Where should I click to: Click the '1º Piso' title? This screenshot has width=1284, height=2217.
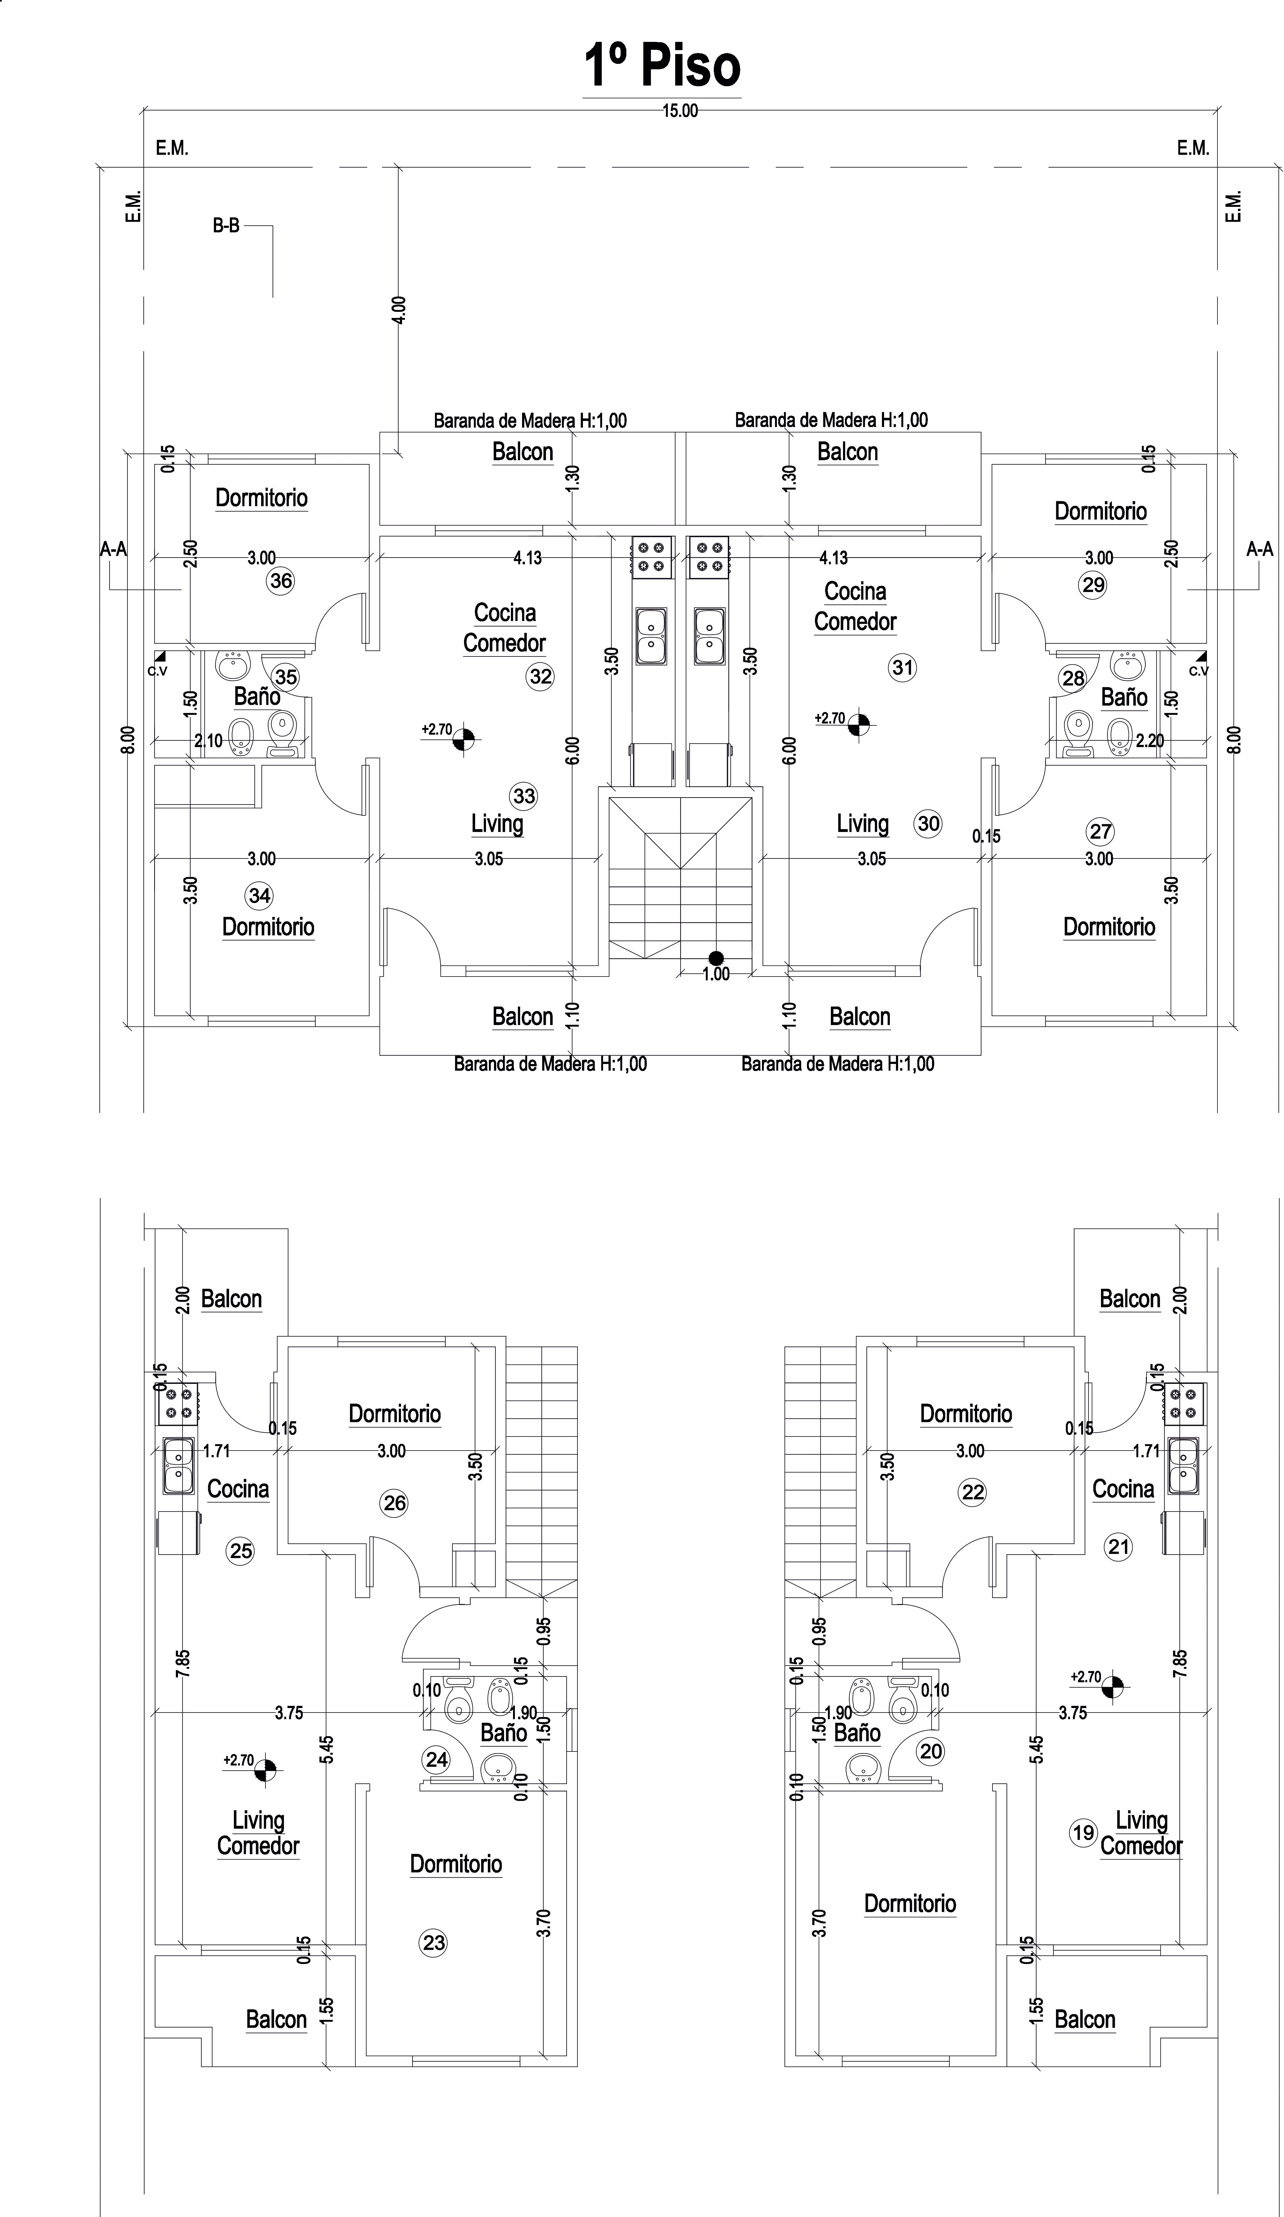tap(661, 67)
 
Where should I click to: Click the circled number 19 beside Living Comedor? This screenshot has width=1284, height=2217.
tap(1083, 1833)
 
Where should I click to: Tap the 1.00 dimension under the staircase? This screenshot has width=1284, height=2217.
tap(716, 974)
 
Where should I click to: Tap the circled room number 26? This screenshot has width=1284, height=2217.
tap(394, 1503)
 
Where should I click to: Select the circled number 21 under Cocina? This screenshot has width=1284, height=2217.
tap(1119, 1547)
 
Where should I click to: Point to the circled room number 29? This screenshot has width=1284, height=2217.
tap(1093, 585)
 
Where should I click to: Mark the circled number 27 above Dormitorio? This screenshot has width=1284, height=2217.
tap(1100, 831)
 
